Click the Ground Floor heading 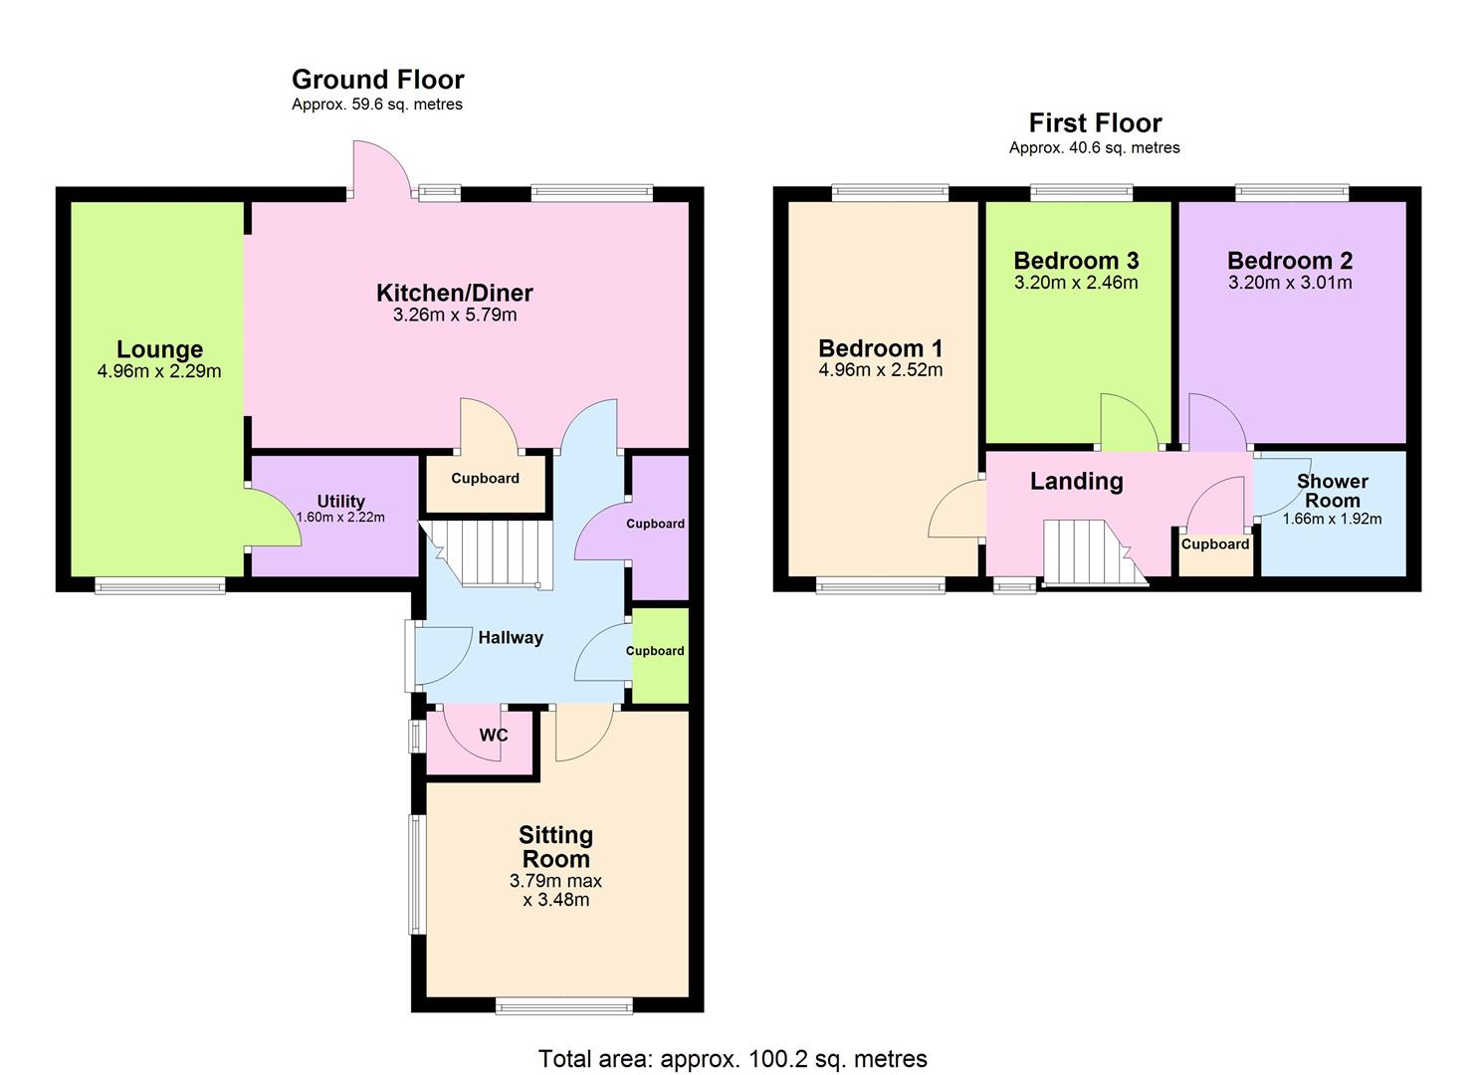[377, 80]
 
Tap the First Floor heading [1095, 123]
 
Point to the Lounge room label [159, 349]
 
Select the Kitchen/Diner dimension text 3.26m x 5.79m [455, 316]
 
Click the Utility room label [340, 501]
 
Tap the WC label [494, 736]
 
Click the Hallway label [510, 638]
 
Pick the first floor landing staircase [1090, 552]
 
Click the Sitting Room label [555, 847]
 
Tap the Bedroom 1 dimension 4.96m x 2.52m [880, 370]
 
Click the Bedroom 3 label [1076, 261]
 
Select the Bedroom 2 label [1289, 261]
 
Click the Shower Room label [1332, 491]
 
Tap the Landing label [1076, 482]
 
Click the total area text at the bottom [733, 1059]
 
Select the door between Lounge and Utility [271, 518]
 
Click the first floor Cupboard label [1214, 544]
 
